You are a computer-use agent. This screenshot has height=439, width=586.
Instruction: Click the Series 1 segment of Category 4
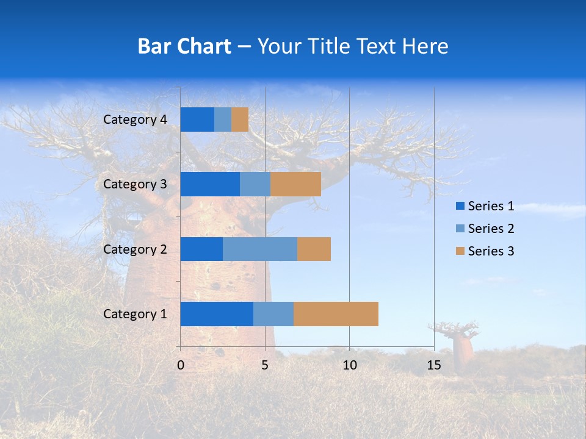[x=197, y=120]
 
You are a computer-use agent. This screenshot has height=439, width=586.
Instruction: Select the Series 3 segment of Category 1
[x=336, y=314]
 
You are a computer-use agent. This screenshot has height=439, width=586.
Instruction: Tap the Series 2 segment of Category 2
[x=260, y=249]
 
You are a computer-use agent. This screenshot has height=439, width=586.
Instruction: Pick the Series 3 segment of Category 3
[x=295, y=184]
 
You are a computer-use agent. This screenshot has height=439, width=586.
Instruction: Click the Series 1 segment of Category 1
[x=217, y=314]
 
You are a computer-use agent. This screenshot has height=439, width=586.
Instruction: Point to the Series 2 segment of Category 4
[x=223, y=120]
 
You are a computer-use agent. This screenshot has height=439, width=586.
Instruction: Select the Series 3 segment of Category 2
[x=314, y=249]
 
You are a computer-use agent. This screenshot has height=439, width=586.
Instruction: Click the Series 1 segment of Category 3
[x=210, y=184]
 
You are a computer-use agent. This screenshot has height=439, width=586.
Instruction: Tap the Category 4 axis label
[x=135, y=120]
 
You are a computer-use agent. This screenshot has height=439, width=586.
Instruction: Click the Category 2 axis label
[x=135, y=249]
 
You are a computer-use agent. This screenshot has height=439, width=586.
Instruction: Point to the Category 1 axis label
[x=135, y=314]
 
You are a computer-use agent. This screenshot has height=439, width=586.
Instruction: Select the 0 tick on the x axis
[x=181, y=365]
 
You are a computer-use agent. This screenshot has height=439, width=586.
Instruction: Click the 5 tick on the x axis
[x=265, y=365]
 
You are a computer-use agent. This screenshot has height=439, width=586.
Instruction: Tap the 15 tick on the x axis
[x=434, y=365]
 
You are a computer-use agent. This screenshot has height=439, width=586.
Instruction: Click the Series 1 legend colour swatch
[x=460, y=206]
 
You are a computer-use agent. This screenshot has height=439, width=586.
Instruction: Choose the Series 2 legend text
[x=491, y=229]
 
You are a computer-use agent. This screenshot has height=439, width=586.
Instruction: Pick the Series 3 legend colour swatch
[x=460, y=251]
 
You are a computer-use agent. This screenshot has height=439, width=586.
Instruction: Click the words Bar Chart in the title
[x=184, y=46]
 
